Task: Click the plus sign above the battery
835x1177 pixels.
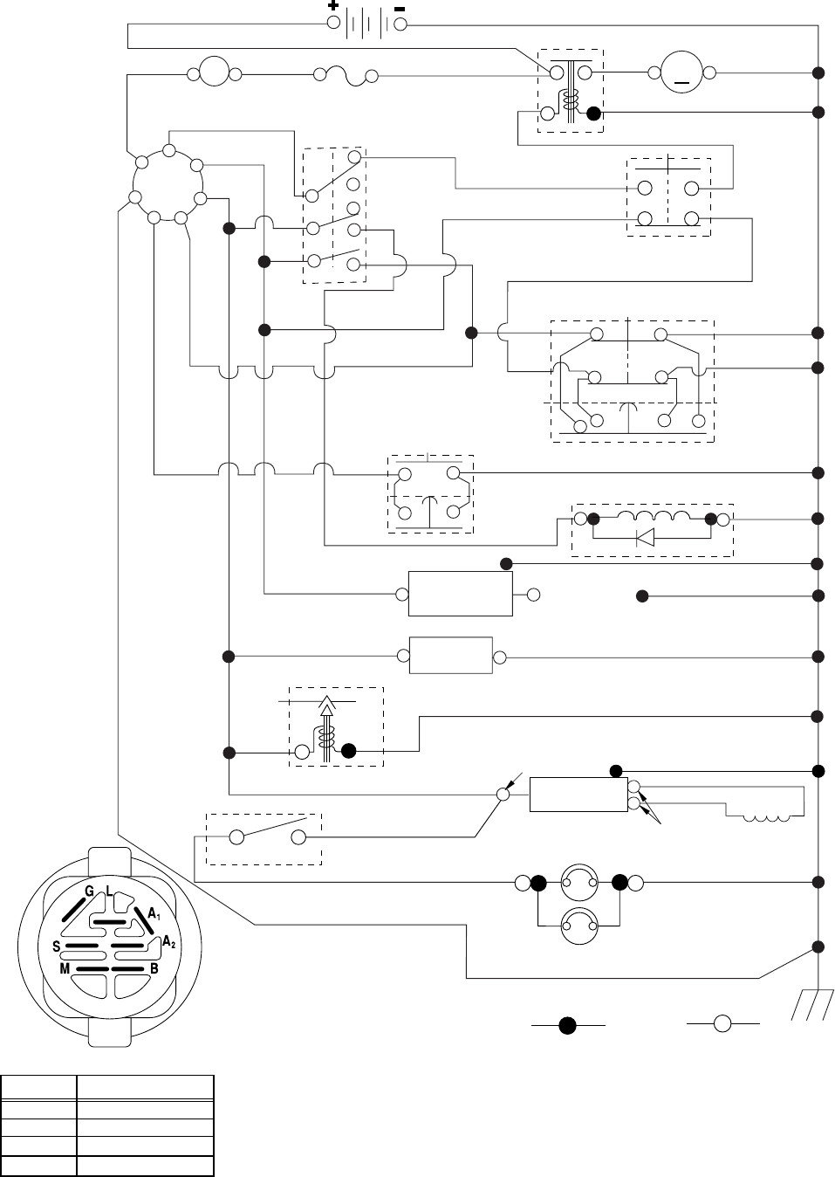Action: [x=333, y=5]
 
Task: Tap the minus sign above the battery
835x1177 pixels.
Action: [x=399, y=5]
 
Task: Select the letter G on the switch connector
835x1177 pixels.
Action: [x=88, y=891]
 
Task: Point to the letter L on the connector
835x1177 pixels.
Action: [x=108, y=890]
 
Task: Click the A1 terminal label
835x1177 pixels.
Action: [x=154, y=913]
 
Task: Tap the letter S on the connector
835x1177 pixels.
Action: [x=56, y=946]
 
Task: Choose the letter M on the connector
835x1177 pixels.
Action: [x=65, y=969]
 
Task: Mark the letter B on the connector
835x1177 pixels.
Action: [x=154, y=969]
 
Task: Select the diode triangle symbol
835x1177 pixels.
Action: [x=645, y=538]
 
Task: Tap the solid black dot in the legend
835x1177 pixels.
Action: [x=567, y=1024]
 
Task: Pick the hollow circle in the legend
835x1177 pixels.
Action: [x=722, y=1023]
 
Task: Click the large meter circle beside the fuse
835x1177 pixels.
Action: [x=214, y=73]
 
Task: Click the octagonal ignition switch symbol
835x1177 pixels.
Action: [x=168, y=184]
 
